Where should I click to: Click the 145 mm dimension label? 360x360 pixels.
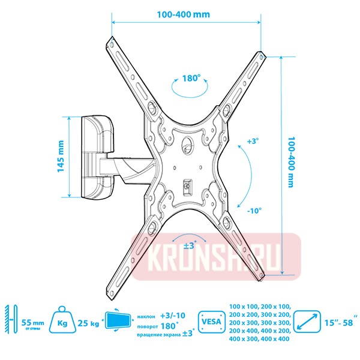pyautogui.click(x=61, y=157)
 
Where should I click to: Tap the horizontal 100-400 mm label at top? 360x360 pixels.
pyautogui.click(x=186, y=14)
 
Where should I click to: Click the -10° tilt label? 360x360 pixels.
pyautogui.click(x=253, y=211)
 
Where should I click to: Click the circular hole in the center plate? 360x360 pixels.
pyautogui.click(x=188, y=144)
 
